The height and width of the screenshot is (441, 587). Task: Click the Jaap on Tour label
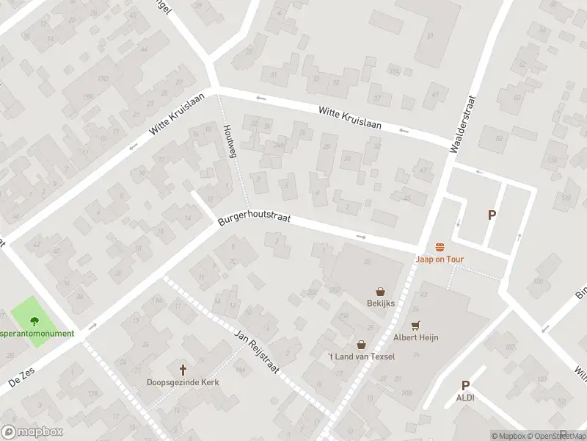click(440, 259)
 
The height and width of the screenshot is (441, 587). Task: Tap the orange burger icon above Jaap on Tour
click(440, 246)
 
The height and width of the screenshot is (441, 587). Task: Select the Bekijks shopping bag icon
click(381, 291)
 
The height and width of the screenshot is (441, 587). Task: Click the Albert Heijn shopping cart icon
click(416, 325)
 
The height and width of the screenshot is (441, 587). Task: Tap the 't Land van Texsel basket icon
click(361, 344)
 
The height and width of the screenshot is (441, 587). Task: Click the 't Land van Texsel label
click(361, 356)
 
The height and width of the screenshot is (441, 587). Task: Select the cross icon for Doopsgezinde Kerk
click(183, 370)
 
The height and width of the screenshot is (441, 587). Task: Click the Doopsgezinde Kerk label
click(183, 382)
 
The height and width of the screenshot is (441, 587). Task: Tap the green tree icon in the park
click(34, 320)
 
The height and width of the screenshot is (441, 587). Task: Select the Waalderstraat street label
click(463, 123)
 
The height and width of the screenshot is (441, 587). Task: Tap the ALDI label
click(465, 397)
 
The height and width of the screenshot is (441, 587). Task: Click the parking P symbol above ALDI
click(465, 385)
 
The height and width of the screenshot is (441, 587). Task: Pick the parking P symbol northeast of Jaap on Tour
click(492, 215)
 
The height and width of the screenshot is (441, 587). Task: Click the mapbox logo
click(31, 432)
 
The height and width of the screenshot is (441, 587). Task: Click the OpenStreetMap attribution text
click(555, 436)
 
